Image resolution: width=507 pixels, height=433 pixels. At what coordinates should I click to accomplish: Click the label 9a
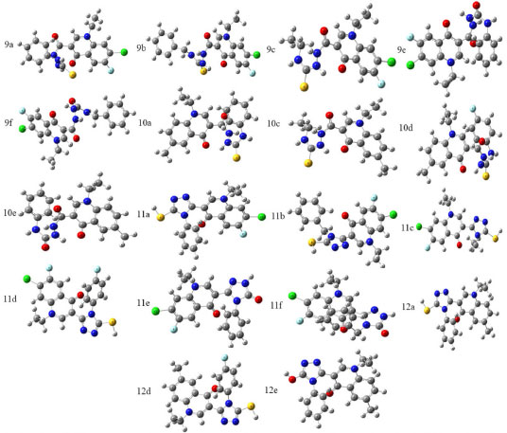tap(9, 45)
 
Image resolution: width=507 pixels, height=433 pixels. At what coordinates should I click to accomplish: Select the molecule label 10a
tap(145, 123)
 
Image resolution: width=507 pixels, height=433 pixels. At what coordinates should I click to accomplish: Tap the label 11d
tap(10, 298)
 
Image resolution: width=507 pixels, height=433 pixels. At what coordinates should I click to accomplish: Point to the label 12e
tap(271, 390)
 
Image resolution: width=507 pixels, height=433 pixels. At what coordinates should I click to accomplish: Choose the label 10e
tap(9, 213)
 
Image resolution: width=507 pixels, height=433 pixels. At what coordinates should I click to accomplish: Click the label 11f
tap(276, 305)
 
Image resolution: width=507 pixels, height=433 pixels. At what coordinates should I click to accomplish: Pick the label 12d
tap(144, 391)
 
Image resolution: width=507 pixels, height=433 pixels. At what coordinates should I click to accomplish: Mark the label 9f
tap(9, 123)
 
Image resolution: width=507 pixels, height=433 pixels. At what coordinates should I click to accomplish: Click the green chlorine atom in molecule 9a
tap(124, 52)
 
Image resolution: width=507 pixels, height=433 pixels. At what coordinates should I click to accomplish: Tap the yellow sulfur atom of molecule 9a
tap(73, 75)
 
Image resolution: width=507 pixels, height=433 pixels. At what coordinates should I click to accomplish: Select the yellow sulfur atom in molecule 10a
tap(236, 158)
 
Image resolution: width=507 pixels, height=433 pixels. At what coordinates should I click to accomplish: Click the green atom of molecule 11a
tap(261, 217)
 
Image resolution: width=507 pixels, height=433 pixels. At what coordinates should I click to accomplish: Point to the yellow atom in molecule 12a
tap(427, 311)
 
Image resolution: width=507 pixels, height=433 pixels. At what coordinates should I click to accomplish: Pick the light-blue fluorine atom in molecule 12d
tap(225, 358)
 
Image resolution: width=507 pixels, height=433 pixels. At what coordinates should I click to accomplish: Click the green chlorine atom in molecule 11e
tap(156, 311)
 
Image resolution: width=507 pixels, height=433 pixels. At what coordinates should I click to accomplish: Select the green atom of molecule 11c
tap(419, 226)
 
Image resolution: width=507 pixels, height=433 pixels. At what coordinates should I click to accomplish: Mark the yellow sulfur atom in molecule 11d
tap(113, 322)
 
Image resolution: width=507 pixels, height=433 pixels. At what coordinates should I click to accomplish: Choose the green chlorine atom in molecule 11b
tap(393, 214)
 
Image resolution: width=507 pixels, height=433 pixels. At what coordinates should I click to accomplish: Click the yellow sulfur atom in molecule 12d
tap(252, 406)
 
